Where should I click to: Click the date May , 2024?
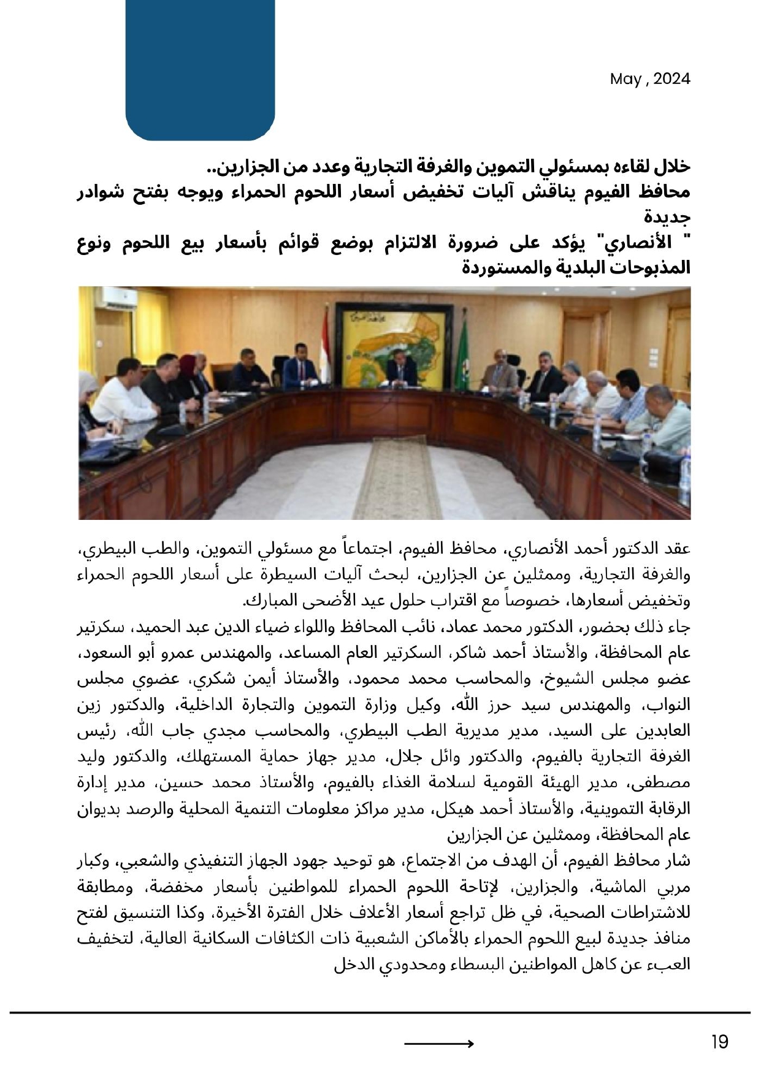(x=649, y=79)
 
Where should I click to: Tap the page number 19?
(x=719, y=1042)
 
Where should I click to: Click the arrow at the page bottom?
(x=438, y=1044)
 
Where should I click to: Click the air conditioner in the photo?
(x=120, y=299)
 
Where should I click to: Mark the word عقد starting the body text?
(x=677, y=548)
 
